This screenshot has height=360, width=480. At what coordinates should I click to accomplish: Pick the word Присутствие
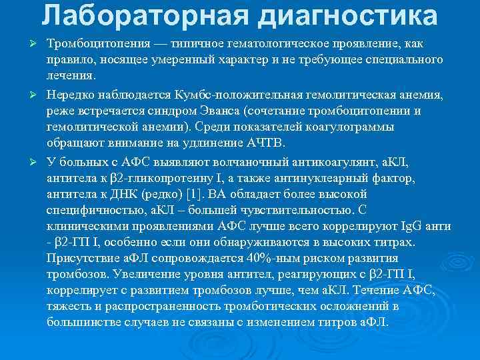click(x=79, y=258)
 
